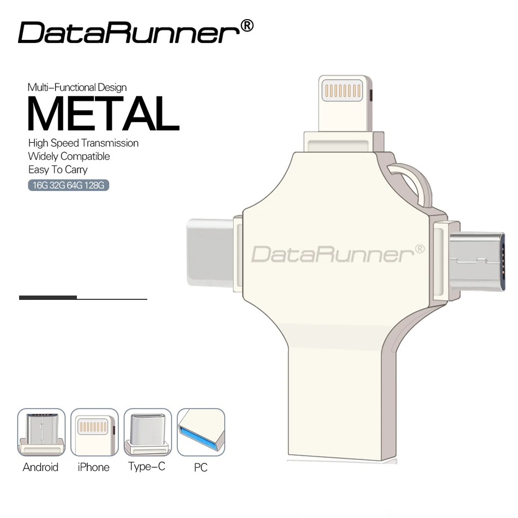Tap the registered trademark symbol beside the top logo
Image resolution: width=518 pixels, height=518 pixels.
246,26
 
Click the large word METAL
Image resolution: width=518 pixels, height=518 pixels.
103,114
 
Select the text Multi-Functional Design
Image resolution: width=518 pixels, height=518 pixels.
77,87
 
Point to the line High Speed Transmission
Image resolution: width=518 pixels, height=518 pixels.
83,143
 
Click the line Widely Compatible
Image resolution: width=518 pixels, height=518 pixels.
69,156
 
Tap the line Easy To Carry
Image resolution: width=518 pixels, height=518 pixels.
58,170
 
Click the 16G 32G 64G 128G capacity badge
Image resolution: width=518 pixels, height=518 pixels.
69,185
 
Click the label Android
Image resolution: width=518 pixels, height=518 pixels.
41,467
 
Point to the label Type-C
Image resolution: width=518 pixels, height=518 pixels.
147,467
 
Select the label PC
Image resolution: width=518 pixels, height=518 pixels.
201,468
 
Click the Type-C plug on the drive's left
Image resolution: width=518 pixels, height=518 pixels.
210,252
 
